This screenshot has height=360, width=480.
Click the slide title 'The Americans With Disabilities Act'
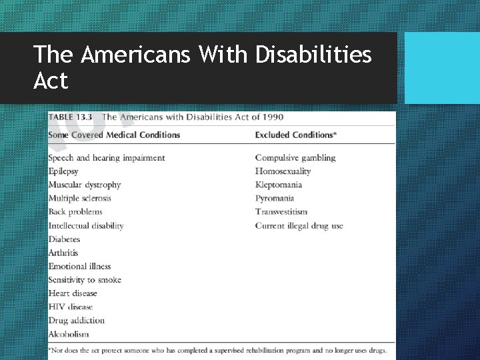point(202,67)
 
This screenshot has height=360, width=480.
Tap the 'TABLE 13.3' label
point(70,117)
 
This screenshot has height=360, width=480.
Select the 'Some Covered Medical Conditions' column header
point(114,135)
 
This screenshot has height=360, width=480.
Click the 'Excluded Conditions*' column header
point(295,135)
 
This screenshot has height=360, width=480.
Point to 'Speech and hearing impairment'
point(106,158)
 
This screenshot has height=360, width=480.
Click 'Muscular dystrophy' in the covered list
point(85,185)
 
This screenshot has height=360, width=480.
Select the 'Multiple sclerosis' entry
point(79,198)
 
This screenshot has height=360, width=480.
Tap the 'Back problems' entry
point(75,212)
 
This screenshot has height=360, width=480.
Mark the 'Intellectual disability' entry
point(86,225)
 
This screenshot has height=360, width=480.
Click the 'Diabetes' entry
point(64,239)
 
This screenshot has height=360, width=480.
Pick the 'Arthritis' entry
point(63,253)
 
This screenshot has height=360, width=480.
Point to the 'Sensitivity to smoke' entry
point(85,280)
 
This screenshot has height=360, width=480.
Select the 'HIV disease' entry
point(70,307)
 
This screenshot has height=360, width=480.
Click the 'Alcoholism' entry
point(68,334)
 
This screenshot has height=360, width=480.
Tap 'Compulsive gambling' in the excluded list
point(295,158)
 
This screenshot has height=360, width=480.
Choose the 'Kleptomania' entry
point(278,185)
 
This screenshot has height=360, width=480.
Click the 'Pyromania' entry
point(274,198)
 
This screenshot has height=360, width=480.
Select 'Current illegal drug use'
point(299,225)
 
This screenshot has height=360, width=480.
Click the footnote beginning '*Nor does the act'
point(217,349)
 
